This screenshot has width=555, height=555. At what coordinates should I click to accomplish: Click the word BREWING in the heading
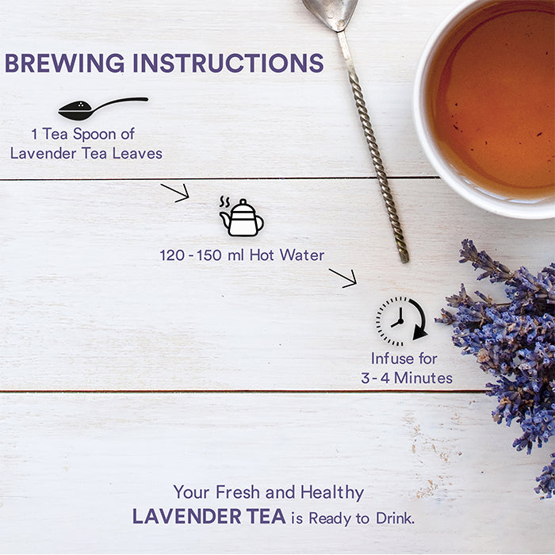65,63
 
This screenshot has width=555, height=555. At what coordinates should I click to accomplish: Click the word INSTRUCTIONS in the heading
228,63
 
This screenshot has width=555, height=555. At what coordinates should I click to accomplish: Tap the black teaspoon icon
102,108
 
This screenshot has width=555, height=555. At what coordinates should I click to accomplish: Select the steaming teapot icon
241,216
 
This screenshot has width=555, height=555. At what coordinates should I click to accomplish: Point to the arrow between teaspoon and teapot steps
175,193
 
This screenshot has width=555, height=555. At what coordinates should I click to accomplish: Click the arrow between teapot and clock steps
343,278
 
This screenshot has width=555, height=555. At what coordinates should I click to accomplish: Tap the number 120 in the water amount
172,255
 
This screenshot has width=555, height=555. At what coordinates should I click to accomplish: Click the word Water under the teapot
302,255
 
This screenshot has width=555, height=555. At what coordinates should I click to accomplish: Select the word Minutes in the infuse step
423,378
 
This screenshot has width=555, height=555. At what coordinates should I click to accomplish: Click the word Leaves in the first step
137,153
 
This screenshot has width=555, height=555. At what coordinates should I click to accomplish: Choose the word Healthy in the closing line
332,492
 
